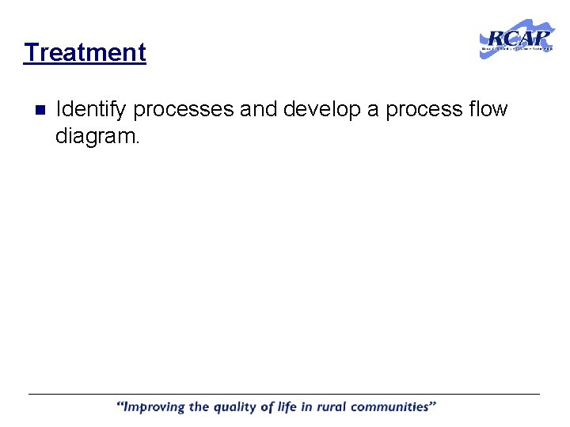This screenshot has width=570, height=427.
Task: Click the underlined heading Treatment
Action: (x=85, y=53)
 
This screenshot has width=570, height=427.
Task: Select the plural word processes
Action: (x=184, y=110)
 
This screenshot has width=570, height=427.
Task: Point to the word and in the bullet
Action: (x=258, y=109)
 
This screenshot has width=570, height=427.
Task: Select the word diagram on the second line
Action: (x=97, y=137)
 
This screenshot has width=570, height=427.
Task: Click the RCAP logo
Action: (x=516, y=38)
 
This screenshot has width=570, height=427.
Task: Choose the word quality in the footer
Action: (x=239, y=408)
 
